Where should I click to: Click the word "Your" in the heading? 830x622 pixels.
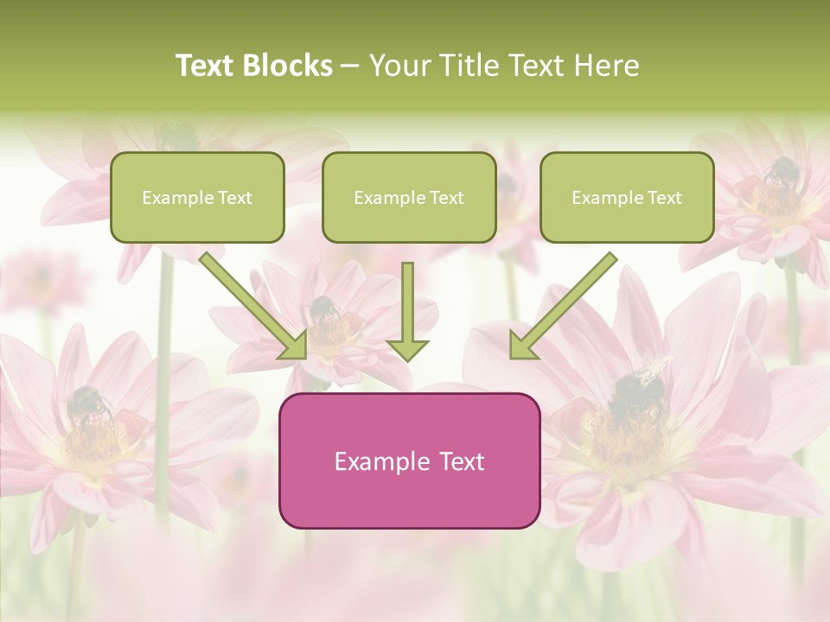pyautogui.click(x=399, y=66)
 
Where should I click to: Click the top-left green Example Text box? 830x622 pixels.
pyautogui.click(x=197, y=197)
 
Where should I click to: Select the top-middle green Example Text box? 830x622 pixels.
pyautogui.click(x=409, y=197)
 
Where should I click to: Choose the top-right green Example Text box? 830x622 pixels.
pyautogui.click(x=627, y=197)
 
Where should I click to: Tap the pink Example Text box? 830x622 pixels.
pyautogui.click(x=409, y=460)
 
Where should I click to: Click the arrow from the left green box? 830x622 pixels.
pyautogui.click(x=255, y=306)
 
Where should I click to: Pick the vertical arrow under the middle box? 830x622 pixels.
pyautogui.click(x=407, y=311)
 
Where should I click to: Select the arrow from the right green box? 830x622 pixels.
pyautogui.click(x=562, y=306)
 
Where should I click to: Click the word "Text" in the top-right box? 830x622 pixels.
pyautogui.click(x=664, y=198)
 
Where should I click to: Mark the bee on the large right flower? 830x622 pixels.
pyautogui.click(x=637, y=389)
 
